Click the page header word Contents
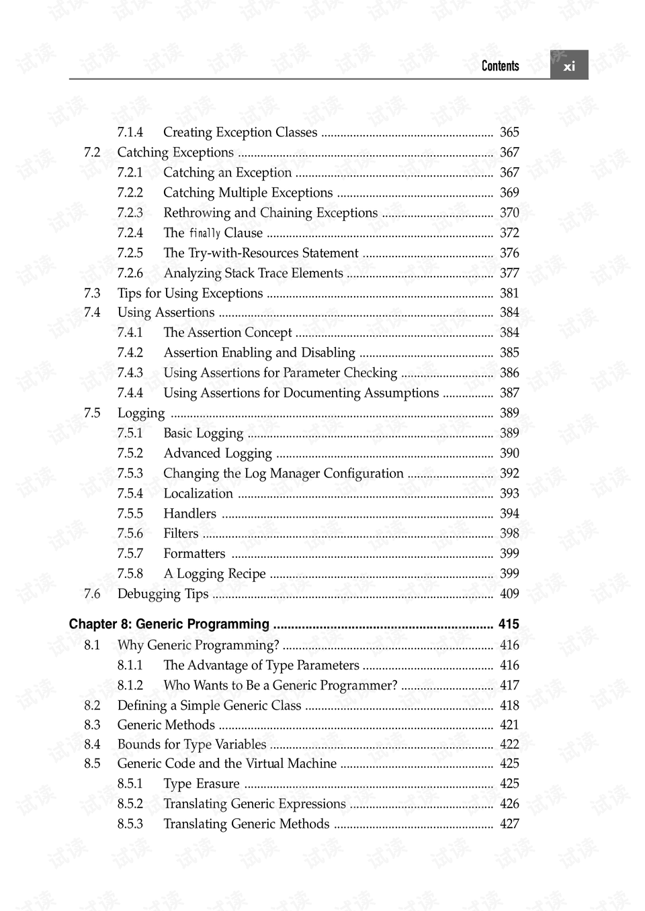point(500,66)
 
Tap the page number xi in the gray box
point(569,66)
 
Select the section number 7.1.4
point(130,132)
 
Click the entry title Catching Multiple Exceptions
point(248,193)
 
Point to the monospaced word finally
point(205,233)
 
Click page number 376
point(509,253)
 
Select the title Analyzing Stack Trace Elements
point(253,273)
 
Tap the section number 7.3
point(92,293)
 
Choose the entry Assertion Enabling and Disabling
point(259,352)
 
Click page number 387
point(509,393)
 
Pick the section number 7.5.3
point(130,473)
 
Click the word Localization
point(198,493)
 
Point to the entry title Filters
point(181,534)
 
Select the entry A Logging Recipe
point(214,574)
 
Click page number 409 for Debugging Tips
point(509,594)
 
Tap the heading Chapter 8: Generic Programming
point(169,624)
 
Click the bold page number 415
point(509,624)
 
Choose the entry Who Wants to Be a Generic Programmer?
point(280,685)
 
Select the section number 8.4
point(92,745)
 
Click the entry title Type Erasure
point(202,784)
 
